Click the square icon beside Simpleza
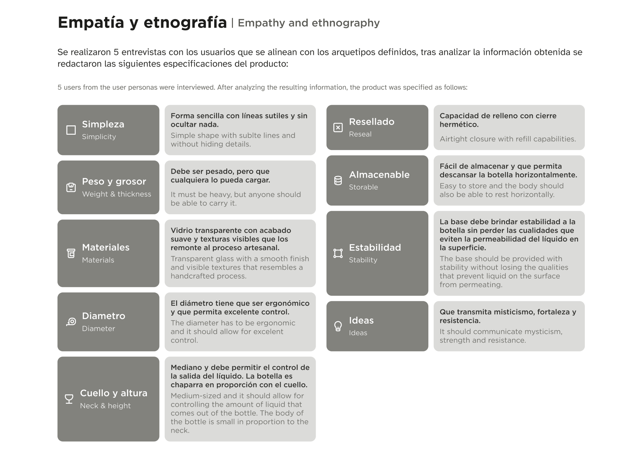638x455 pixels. [71, 130]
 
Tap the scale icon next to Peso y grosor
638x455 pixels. [71, 188]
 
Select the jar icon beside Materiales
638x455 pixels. [71, 253]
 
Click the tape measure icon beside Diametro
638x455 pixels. [71, 322]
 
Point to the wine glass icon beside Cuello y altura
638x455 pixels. [69, 399]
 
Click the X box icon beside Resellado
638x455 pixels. [338, 127]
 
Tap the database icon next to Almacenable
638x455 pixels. [338, 181]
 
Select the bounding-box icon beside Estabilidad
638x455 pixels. [338, 253]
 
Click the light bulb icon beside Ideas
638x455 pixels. [338, 326]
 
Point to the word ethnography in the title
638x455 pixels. [346, 23]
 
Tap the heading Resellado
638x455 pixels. [372, 122]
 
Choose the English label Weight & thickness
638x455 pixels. [116, 194]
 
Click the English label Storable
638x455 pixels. [363, 187]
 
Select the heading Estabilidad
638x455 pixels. [375, 247]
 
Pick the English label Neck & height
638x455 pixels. [105, 406]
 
